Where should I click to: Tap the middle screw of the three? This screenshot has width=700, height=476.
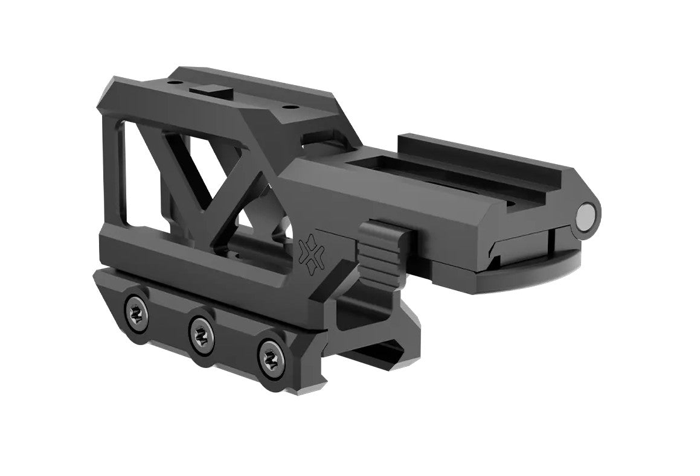click(x=199, y=331)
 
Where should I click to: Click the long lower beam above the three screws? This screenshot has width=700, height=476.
click(x=199, y=271)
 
